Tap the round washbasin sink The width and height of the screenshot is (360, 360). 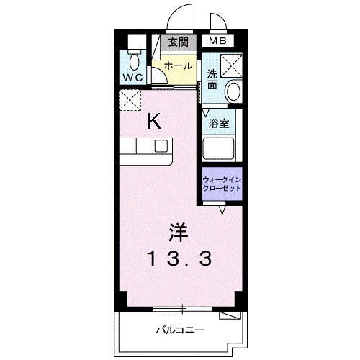(x=233, y=90)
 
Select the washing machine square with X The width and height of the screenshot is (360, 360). (x=232, y=66)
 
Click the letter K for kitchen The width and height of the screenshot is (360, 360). (x=154, y=121)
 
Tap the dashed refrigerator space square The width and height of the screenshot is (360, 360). (x=131, y=102)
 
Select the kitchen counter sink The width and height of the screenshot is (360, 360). (x=161, y=146)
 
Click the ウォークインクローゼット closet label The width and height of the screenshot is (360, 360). (x=222, y=183)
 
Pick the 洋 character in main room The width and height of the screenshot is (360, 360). (x=179, y=232)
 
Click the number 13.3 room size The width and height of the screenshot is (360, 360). (x=180, y=258)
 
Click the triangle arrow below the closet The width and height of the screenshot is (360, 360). (x=223, y=210)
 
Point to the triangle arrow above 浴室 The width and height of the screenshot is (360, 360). (x=207, y=112)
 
